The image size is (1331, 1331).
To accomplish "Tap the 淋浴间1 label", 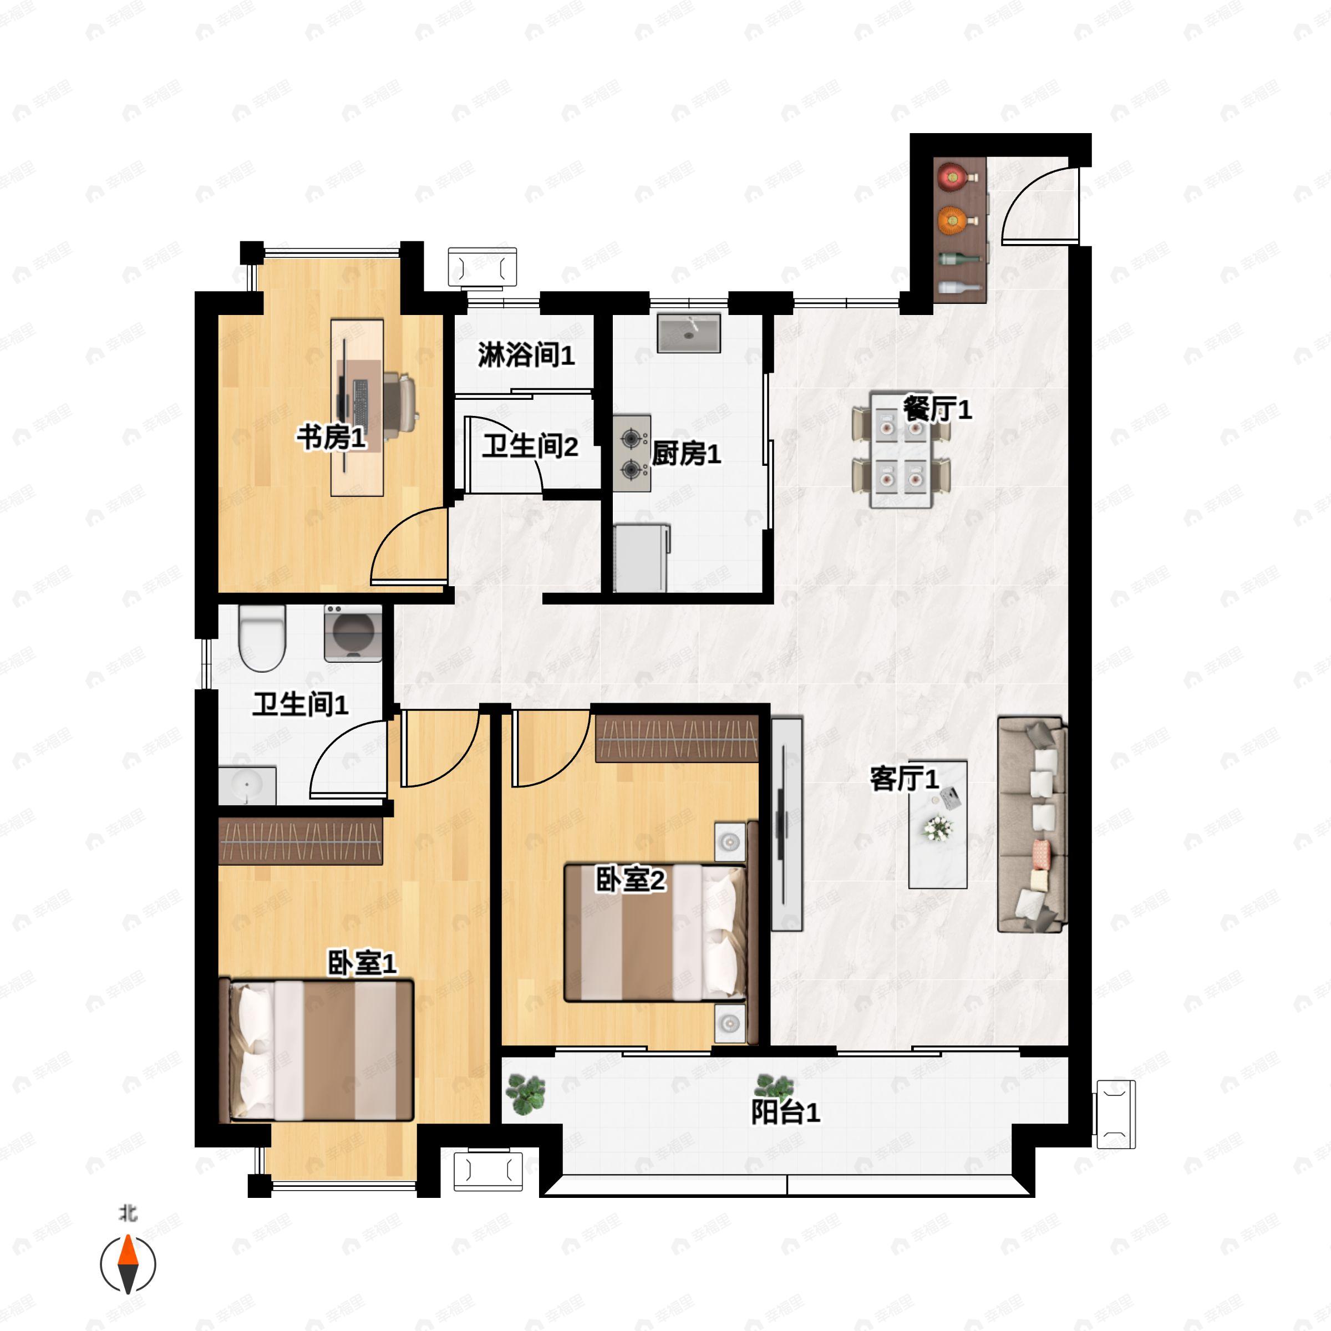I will point(526,355).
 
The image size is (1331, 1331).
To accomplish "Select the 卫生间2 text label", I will point(530,446).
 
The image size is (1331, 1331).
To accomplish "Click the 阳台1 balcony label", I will point(785,1112).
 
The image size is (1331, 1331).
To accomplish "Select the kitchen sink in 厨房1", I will point(688,333).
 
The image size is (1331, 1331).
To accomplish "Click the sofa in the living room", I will point(1032,825).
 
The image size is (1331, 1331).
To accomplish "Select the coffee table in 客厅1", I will point(938,825).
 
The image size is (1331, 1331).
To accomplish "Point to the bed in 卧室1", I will point(317,1050).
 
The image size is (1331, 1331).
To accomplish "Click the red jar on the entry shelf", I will point(952,177).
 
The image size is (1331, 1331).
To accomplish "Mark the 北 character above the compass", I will point(128,1212).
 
